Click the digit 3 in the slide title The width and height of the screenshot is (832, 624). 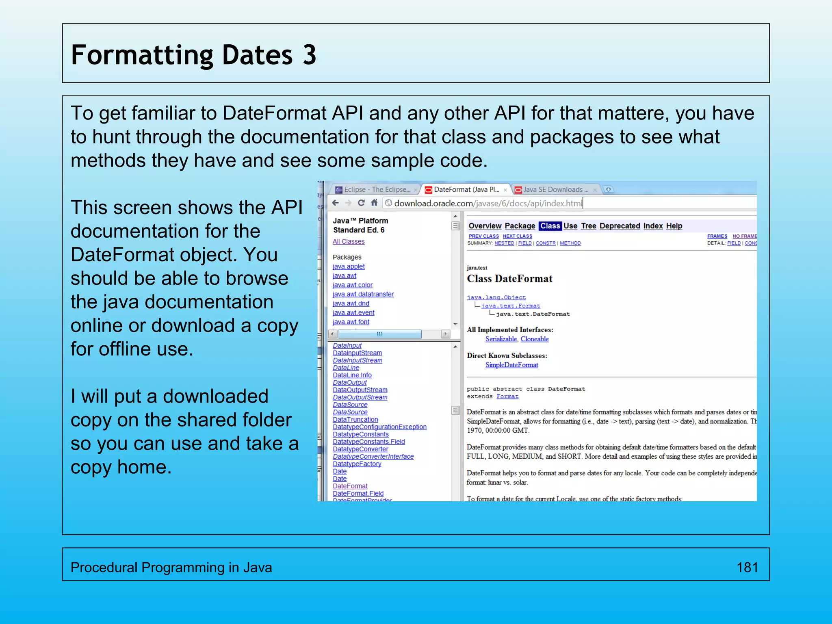click(310, 55)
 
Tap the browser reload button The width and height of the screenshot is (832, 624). click(361, 203)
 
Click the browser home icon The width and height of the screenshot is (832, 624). click(374, 203)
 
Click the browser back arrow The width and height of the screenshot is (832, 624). click(336, 203)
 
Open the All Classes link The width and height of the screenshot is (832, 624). click(349, 241)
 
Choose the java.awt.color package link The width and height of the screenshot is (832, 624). click(352, 285)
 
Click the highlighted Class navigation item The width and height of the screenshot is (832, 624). click(550, 226)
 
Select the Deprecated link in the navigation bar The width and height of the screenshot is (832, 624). click(620, 226)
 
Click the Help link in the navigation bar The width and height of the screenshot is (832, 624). click(674, 226)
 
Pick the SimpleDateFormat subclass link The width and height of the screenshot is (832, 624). click(511, 365)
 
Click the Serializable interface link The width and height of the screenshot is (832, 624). click(501, 339)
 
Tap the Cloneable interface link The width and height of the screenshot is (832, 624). click(535, 339)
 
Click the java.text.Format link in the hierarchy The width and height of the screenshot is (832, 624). click(511, 305)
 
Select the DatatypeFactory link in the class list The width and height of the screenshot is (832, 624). click(357, 464)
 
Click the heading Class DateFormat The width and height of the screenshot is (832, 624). click(509, 279)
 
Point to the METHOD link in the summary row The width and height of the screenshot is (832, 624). click(570, 243)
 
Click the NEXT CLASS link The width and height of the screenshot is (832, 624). click(517, 236)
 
